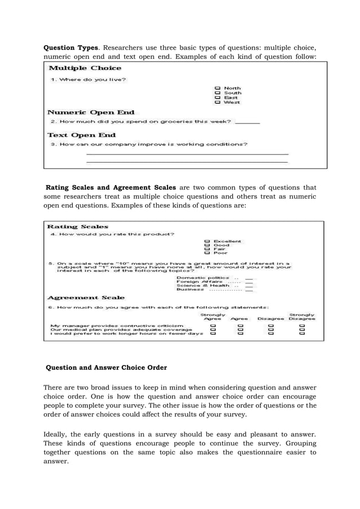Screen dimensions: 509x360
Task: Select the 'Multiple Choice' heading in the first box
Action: pyautogui.click(x=85, y=68)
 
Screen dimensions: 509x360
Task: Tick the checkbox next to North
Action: pyautogui.click(x=217, y=89)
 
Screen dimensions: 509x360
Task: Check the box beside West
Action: pyautogui.click(x=217, y=103)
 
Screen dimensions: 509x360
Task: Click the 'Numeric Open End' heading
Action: pyautogui.click(x=91, y=112)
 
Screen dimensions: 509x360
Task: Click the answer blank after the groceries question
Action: pyautogui.click(x=247, y=121)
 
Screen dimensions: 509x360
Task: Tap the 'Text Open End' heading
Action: pyautogui.click(x=82, y=135)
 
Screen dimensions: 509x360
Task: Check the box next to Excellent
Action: pyautogui.click(x=208, y=242)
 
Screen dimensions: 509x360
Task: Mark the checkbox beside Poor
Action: pyautogui.click(x=208, y=253)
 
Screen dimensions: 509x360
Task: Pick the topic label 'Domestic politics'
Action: pyautogui.click(x=203, y=278)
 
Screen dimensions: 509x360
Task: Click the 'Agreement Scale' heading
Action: pyautogui.click(x=86, y=297)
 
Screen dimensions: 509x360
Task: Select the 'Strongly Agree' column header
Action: pyautogui.click(x=213, y=317)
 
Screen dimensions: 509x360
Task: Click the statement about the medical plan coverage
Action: pyautogui.click(x=117, y=330)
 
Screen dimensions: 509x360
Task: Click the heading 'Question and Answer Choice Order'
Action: pyautogui.click(x=106, y=368)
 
